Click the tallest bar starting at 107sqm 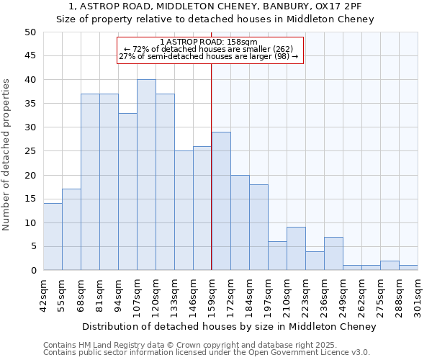click(x=146, y=175)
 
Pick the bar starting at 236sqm click(x=333, y=253)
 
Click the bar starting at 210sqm click(x=296, y=249)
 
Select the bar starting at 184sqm click(x=258, y=228)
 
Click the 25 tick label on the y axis click(x=30, y=151)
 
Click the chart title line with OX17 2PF click(x=215, y=6)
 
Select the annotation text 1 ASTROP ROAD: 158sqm click(x=209, y=42)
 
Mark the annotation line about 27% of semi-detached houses click(x=209, y=56)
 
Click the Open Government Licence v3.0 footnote click(x=207, y=353)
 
